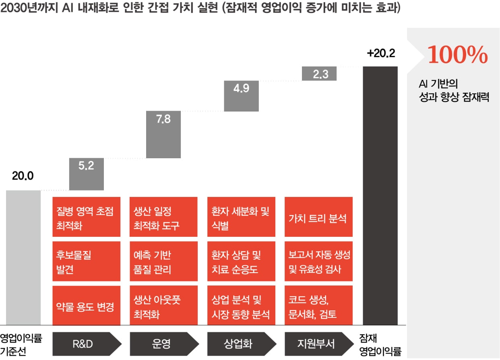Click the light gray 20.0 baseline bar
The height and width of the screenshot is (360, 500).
click(x=23, y=257)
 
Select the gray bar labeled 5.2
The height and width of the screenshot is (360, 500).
click(x=87, y=174)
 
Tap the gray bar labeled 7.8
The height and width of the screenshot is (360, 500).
click(x=163, y=134)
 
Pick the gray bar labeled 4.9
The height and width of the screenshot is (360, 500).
click(x=241, y=96)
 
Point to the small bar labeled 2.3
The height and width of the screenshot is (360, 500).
click(x=319, y=74)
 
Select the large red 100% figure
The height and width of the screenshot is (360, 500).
click(x=457, y=55)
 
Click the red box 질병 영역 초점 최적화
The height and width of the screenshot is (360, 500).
click(x=87, y=217)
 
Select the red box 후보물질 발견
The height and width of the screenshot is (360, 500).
click(x=87, y=261)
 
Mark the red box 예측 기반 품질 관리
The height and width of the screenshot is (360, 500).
click(x=163, y=261)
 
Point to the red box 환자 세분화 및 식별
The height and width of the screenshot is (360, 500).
click(x=241, y=217)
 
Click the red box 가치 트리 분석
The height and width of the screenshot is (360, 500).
click(x=318, y=217)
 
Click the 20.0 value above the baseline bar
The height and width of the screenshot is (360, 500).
click(x=23, y=176)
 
